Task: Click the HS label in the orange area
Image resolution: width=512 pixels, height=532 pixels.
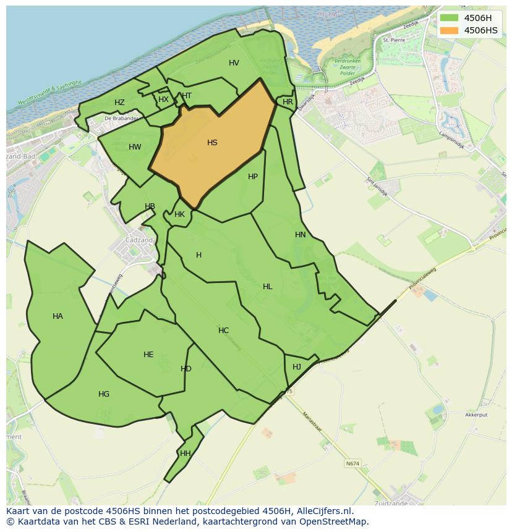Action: (212, 143)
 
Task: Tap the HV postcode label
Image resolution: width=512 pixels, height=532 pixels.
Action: (234, 63)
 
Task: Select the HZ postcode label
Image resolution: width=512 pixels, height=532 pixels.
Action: (119, 103)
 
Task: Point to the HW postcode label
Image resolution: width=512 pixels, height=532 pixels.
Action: (135, 147)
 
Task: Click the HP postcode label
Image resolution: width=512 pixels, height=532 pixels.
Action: (253, 177)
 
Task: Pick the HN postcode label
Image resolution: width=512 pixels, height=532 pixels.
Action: (301, 235)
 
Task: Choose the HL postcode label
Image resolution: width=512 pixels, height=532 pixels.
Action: (267, 287)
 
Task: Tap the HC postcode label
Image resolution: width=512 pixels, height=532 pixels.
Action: (223, 331)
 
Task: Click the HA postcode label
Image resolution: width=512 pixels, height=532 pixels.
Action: (58, 316)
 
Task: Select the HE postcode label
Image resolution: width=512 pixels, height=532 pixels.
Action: (148, 355)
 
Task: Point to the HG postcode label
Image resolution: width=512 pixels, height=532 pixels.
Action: (104, 394)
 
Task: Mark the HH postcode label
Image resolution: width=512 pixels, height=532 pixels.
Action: (185, 454)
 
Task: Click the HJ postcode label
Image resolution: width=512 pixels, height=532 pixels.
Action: (297, 367)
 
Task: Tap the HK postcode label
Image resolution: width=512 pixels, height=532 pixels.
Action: (179, 215)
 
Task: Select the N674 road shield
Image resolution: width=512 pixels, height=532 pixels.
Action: (352, 463)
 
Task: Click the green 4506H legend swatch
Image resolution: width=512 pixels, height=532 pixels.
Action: (450, 17)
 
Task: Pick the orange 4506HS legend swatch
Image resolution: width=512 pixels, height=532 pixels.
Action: (450, 30)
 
